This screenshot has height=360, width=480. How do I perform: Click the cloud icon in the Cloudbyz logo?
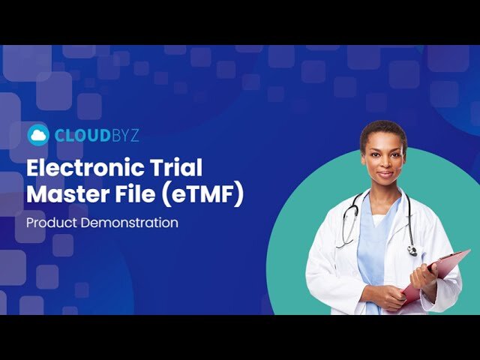tap(38, 135)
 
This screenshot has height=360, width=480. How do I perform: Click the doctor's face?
tap(383, 160)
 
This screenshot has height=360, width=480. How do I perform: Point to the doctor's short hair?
tap(383, 130)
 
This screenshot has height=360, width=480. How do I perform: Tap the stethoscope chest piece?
tap(412, 250)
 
